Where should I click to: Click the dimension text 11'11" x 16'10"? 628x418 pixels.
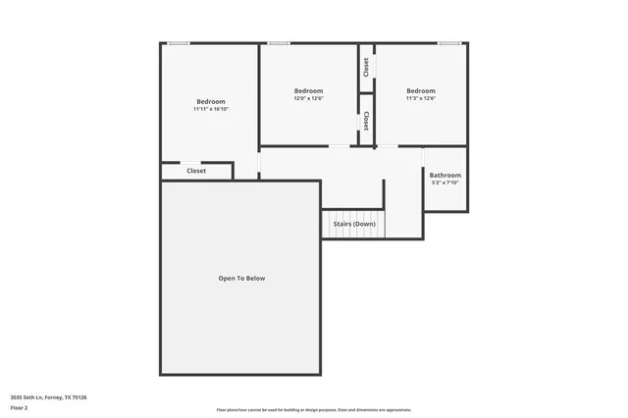pyautogui.click(x=211, y=109)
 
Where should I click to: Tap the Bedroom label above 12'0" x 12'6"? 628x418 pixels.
pyautogui.click(x=309, y=90)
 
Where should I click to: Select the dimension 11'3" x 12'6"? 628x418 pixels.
pyautogui.click(x=421, y=98)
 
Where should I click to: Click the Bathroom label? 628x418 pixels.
pyautogui.click(x=445, y=175)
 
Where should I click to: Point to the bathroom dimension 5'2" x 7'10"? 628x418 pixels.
pyautogui.click(x=445, y=183)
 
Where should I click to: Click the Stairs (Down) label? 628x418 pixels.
pyautogui.click(x=354, y=224)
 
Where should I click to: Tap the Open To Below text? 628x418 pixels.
pyautogui.click(x=241, y=278)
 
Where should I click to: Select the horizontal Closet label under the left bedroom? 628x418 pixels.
pyautogui.click(x=196, y=171)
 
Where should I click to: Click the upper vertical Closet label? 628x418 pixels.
pyautogui.click(x=366, y=67)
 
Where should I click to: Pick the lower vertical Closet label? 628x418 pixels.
pyautogui.click(x=366, y=120)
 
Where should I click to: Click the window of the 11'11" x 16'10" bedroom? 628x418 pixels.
pyautogui.click(x=178, y=42)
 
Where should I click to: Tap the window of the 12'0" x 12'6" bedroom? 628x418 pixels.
pyautogui.click(x=279, y=42)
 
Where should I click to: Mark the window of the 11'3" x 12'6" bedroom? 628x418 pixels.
pyautogui.click(x=449, y=42)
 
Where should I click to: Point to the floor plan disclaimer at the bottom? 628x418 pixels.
pyautogui.click(x=314, y=410)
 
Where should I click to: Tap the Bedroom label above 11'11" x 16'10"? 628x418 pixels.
pyautogui.click(x=211, y=101)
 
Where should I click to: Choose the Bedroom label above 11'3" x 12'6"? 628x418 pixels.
pyautogui.click(x=421, y=90)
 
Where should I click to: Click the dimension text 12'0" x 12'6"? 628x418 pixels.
pyautogui.click(x=309, y=98)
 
